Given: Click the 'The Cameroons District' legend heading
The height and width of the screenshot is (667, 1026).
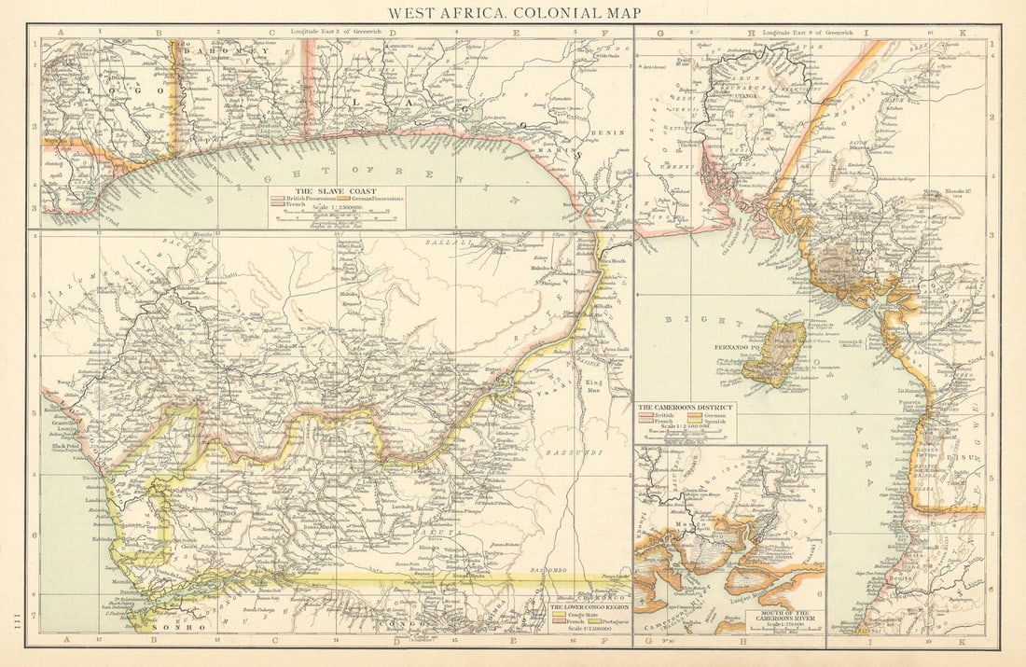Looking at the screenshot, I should point(686,408).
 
